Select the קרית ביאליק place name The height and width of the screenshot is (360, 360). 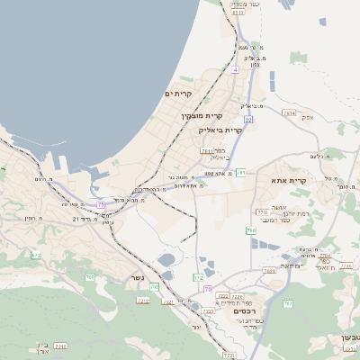[x=220, y=130]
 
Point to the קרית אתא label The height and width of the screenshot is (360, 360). [x=288, y=181]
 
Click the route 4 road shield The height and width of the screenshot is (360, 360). [x=235, y=69]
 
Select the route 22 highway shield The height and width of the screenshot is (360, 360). [x=247, y=119]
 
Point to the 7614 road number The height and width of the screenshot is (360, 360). [x=289, y=113]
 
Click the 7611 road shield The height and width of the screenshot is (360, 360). [x=207, y=151]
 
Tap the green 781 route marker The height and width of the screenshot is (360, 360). [x=240, y=172]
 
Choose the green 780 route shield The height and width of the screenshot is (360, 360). [x=252, y=231]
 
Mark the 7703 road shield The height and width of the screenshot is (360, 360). [x=263, y=212]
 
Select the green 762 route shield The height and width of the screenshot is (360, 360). [x=287, y=304]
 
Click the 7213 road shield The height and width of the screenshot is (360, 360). [x=143, y=300]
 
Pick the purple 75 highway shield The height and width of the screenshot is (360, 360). [x=208, y=289]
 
